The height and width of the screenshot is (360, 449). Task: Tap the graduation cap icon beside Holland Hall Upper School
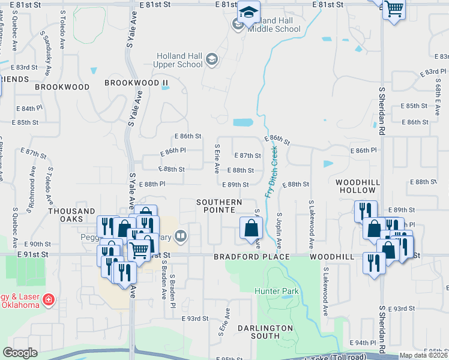[x=211, y=59]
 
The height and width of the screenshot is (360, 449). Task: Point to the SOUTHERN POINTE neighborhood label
[x=219, y=206]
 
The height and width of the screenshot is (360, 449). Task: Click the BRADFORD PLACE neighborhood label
[x=252, y=257]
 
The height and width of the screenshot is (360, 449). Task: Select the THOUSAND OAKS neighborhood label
[x=71, y=215]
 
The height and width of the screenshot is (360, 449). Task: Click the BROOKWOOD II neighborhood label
[x=136, y=83]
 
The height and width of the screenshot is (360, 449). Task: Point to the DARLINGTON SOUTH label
[x=265, y=332]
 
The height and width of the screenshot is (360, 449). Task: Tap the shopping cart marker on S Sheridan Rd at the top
[x=394, y=9]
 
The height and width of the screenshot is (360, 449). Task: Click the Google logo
[x=20, y=353]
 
